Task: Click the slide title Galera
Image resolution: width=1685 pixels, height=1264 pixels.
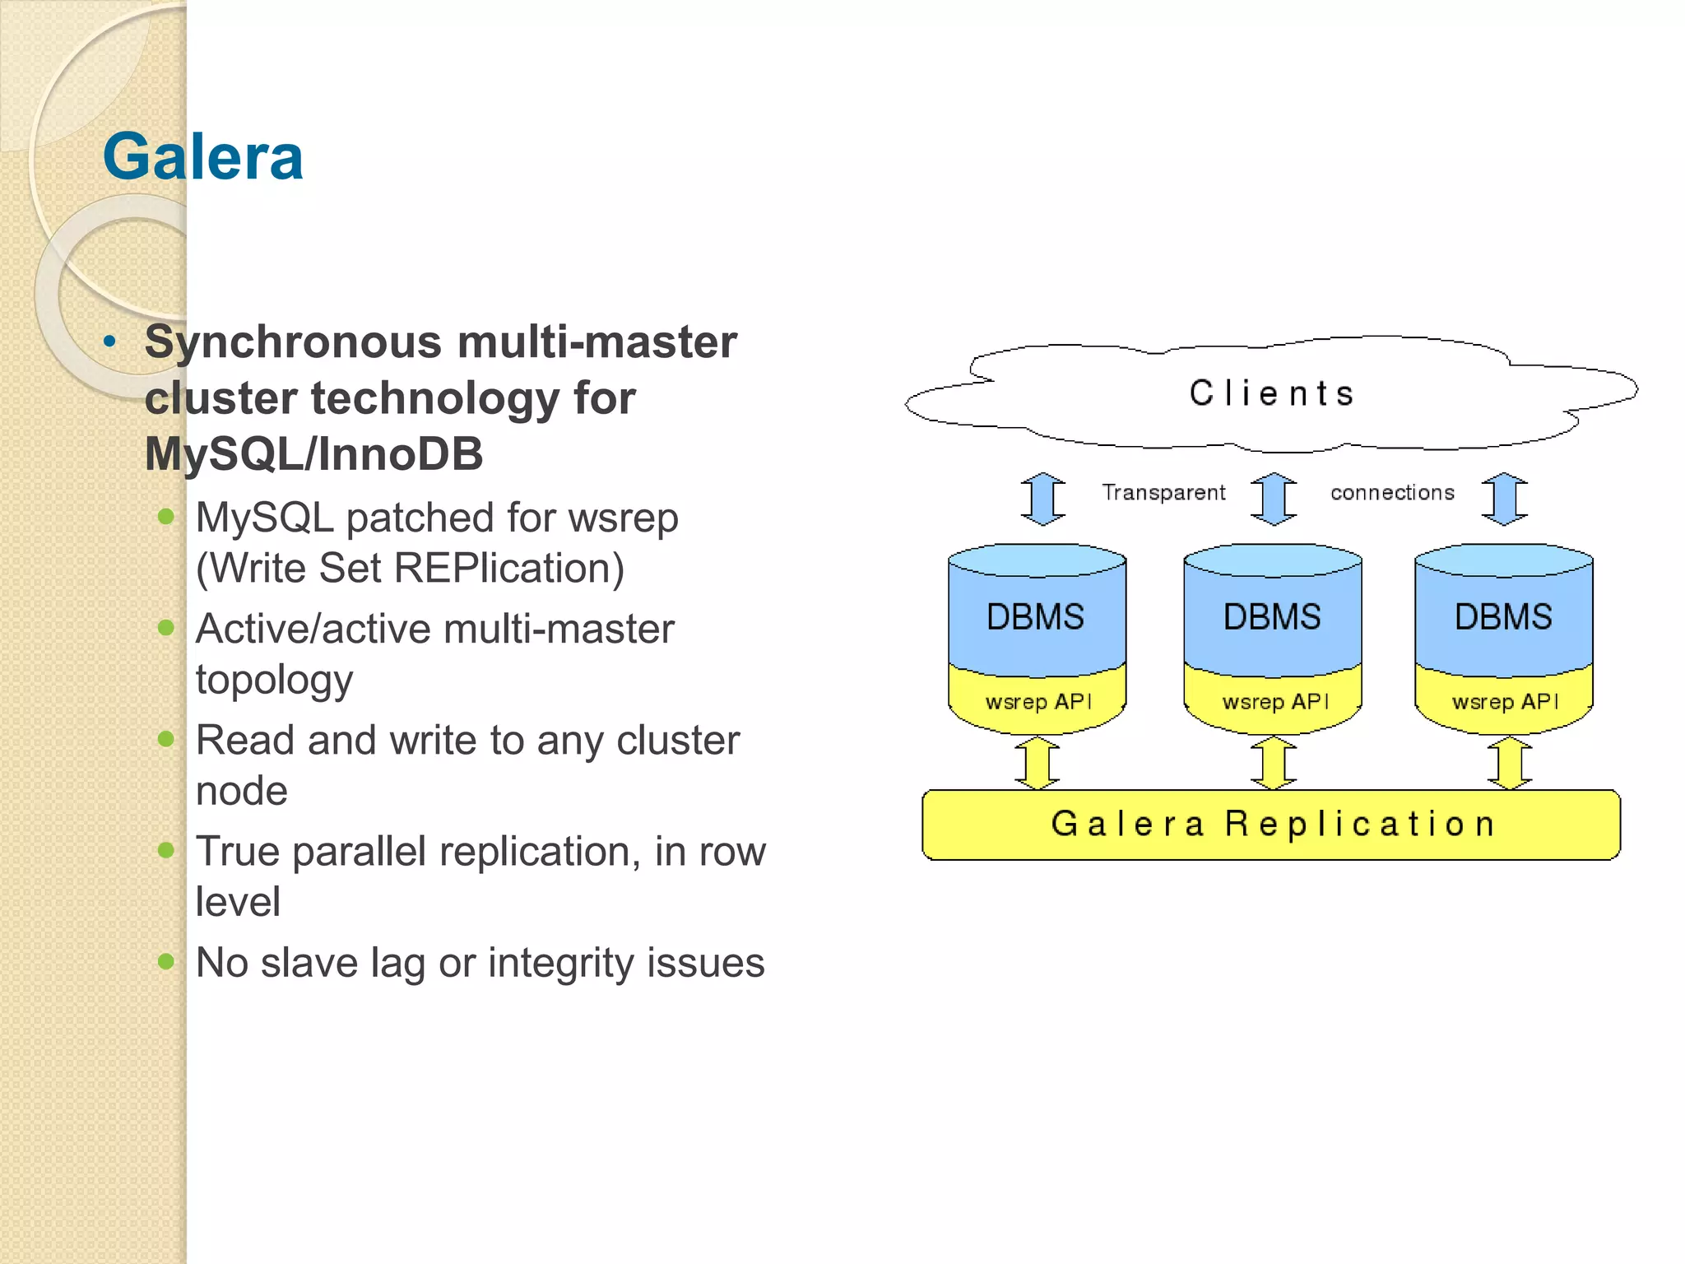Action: (x=202, y=156)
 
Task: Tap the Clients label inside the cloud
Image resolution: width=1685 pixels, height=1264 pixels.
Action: (x=1271, y=393)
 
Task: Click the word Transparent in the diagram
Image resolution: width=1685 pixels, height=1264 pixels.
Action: (x=1163, y=492)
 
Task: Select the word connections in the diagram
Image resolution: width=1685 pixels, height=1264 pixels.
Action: (x=1392, y=492)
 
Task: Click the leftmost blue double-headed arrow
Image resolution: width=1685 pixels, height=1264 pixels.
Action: (x=1043, y=499)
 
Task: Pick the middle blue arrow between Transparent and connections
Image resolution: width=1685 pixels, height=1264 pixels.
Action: (x=1274, y=499)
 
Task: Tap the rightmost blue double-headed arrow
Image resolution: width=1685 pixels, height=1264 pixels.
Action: (x=1505, y=499)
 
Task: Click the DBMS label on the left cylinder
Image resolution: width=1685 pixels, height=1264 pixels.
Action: (x=1035, y=617)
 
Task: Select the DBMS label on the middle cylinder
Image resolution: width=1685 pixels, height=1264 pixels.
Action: (x=1272, y=617)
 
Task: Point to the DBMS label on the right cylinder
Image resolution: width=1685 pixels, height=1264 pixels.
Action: (x=1503, y=617)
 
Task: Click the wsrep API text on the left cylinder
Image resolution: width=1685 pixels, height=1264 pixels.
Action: (x=1038, y=702)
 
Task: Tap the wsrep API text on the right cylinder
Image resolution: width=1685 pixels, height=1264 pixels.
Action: (x=1505, y=702)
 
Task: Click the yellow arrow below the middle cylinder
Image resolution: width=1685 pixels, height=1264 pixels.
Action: (x=1274, y=763)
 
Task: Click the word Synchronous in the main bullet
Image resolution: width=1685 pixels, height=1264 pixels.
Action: (x=292, y=342)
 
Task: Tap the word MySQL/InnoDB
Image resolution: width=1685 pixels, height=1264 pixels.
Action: (x=313, y=454)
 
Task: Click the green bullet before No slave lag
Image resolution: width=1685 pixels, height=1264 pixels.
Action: (x=166, y=961)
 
